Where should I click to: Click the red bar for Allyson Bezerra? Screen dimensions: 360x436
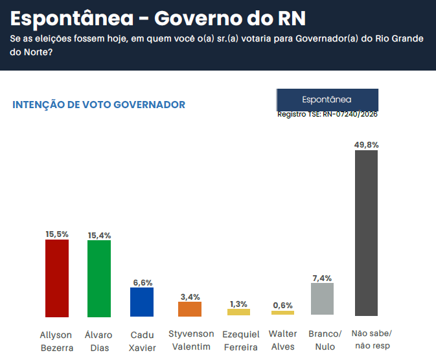pos(56,278)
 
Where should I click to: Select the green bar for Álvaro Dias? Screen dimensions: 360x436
pos(98,278)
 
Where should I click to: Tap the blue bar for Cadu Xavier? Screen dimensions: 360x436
pos(142,302)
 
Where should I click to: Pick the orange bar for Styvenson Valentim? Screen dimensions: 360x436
pos(190,309)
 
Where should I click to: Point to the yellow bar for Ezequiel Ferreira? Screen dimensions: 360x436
pos(238,312)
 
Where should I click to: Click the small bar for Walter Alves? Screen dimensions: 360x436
pos(282,313)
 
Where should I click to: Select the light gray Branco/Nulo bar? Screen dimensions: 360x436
pos(322,300)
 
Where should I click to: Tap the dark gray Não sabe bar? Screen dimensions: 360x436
pos(367,233)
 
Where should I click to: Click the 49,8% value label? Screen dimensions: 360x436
pos(367,145)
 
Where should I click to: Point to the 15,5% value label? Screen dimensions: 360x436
pos(56,234)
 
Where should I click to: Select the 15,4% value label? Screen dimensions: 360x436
pos(98,234)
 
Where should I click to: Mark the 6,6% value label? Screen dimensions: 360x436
pos(142,282)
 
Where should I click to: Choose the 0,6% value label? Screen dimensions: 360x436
pos(282,306)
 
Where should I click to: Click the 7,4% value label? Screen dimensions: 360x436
pos(322,278)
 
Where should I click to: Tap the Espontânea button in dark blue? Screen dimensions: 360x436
pos(327,100)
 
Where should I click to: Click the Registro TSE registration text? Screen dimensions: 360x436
pos(327,114)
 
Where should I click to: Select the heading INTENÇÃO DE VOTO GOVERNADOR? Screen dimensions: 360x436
pos(99,104)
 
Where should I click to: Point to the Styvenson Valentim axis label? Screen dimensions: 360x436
pos(190,340)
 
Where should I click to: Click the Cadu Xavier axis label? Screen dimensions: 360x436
pos(142,341)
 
